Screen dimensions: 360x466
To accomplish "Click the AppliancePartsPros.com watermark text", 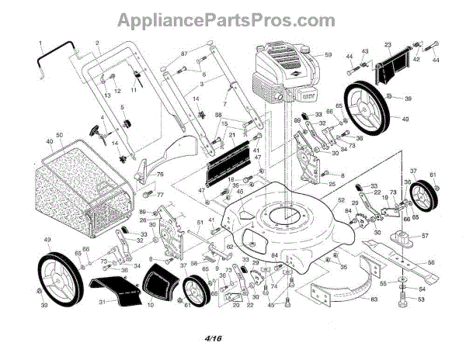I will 232,17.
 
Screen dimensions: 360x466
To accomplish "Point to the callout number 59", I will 328,55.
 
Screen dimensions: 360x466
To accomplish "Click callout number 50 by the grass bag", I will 59,135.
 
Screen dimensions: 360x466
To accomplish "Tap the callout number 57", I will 424,235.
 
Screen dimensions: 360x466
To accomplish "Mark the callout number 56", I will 430,263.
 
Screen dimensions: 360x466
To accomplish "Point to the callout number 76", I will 160,176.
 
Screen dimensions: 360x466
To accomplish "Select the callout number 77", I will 160,195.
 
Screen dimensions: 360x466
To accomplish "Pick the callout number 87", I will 185,54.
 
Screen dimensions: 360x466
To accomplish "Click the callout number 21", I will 231,135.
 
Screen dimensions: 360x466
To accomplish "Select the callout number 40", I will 49,142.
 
